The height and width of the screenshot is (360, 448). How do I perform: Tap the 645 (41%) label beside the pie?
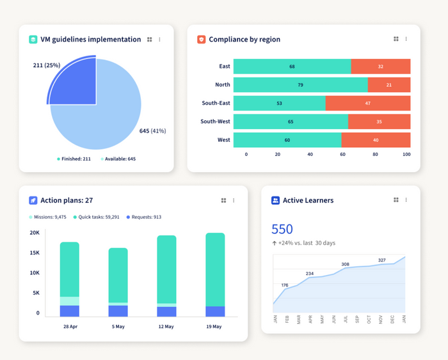(x=152, y=131)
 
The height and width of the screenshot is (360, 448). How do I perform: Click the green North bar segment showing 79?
(x=300, y=84)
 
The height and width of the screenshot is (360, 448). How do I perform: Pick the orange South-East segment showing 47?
(x=367, y=103)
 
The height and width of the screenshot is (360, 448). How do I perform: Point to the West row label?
(x=223, y=140)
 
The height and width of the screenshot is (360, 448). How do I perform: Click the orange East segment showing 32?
(x=380, y=67)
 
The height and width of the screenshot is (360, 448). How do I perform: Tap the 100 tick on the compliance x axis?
(x=406, y=155)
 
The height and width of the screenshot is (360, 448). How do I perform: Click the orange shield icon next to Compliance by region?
(x=202, y=40)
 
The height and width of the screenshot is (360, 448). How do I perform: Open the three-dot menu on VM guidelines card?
(x=160, y=40)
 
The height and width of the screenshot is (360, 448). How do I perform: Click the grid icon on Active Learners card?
(x=396, y=200)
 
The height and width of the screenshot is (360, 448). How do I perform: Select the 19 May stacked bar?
(x=215, y=275)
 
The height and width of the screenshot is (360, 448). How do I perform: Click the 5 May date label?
(x=118, y=327)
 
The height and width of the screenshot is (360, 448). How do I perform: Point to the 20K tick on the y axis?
(x=35, y=233)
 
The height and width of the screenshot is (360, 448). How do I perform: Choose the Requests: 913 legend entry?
(x=143, y=217)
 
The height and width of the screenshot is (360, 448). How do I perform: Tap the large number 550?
(x=282, y=229)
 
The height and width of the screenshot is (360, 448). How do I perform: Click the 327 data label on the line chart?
(x=381, y=260)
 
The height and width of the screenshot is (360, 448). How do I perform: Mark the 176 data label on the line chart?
(x=285, y=285)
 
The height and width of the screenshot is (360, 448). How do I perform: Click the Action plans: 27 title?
(x=67, y=201)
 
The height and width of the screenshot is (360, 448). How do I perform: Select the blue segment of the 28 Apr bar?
(x=69, y=311)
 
